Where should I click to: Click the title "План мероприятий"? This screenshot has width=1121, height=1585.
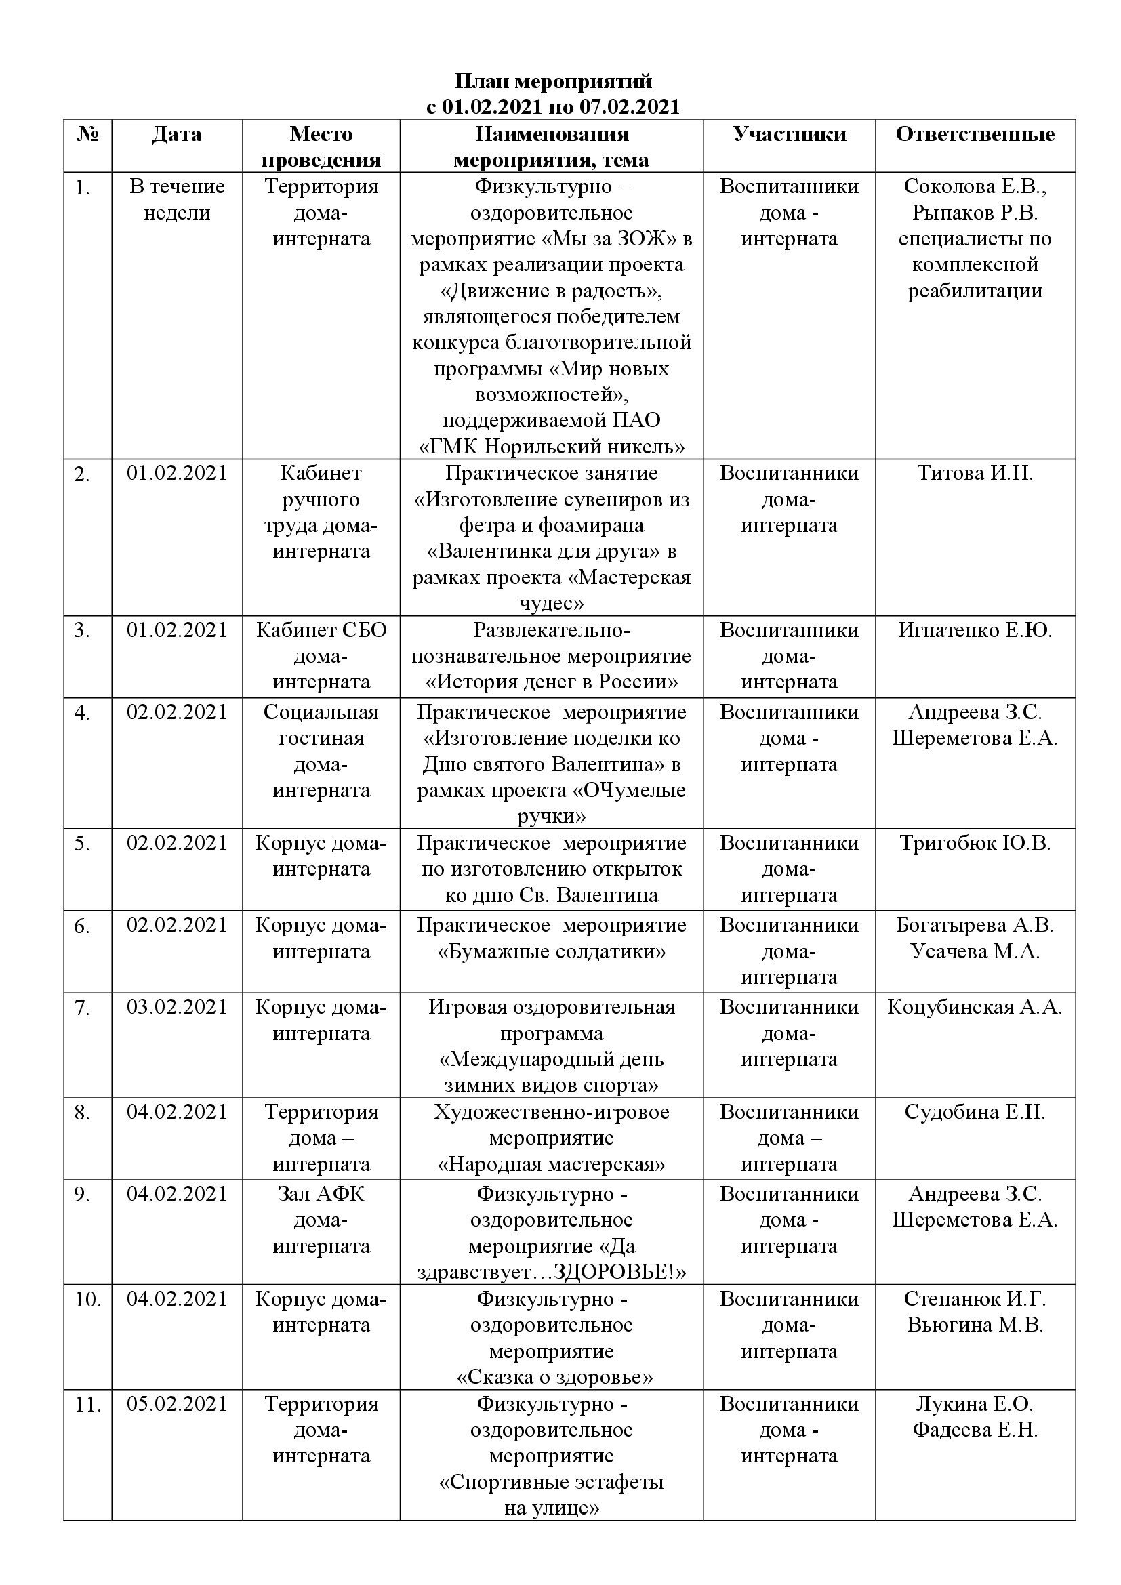click(553, 81)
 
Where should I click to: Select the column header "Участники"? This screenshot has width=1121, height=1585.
click(789, 134)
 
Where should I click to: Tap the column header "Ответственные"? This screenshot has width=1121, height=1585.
click(975, 134)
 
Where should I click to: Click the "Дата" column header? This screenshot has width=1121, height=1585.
click(177, 134)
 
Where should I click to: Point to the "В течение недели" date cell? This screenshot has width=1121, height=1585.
click(177, 199)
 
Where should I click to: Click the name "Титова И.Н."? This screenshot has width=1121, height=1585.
click(975, 473)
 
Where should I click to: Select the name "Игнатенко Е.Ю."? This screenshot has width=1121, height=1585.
click(975, 630)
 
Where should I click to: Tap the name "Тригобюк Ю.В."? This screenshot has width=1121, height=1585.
click(975, 843)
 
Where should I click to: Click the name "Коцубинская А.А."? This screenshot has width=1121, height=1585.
click(975, 1007)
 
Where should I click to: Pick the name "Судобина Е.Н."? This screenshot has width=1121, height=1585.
click(975, 1112)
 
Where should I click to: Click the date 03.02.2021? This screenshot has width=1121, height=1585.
click(177, 1007)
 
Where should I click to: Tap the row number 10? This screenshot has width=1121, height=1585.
click(87, 1300)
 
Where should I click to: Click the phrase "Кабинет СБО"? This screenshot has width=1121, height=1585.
click(321, 630)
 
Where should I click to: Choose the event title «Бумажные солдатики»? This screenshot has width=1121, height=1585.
click(552, 952)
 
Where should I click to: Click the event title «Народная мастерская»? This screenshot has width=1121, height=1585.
click(552, 1165)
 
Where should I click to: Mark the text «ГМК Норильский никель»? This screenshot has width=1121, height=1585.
click(552, 447)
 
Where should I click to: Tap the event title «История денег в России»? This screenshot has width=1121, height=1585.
click(552, 682)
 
